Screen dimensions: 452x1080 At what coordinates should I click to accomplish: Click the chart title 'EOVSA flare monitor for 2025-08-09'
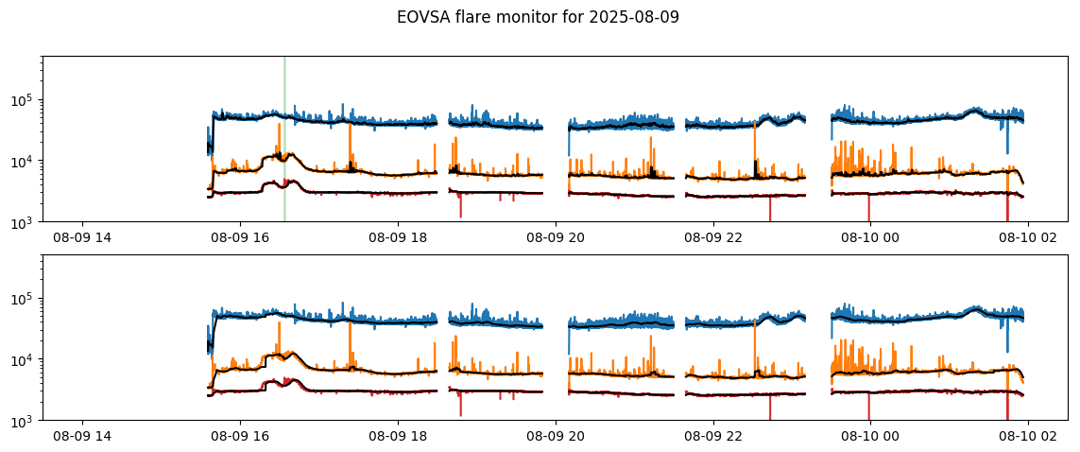point(538,17)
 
